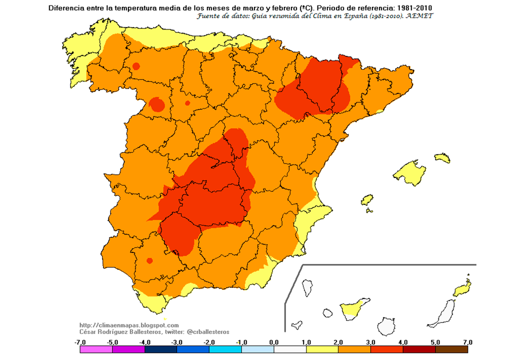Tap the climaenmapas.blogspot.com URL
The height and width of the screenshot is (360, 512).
pos(129,325)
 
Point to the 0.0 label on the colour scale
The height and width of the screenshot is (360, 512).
pos(273,342)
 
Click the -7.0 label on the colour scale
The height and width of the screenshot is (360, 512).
pos(80,342)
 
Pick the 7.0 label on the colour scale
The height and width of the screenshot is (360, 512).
pos(467,342)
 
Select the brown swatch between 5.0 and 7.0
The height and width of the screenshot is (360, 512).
pos(451,349)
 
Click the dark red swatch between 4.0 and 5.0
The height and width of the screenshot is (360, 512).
pos(418,349)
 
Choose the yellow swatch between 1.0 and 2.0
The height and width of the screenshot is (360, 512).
pos(322,349)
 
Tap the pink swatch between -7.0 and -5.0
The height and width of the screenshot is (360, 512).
pos(96,349)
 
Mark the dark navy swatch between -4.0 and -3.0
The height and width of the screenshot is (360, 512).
pos(161,349)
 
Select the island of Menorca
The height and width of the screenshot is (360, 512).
pos(442,157)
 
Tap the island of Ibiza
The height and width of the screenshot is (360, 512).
pos(367,200)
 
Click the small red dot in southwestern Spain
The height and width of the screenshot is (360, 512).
pos(149,260)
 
